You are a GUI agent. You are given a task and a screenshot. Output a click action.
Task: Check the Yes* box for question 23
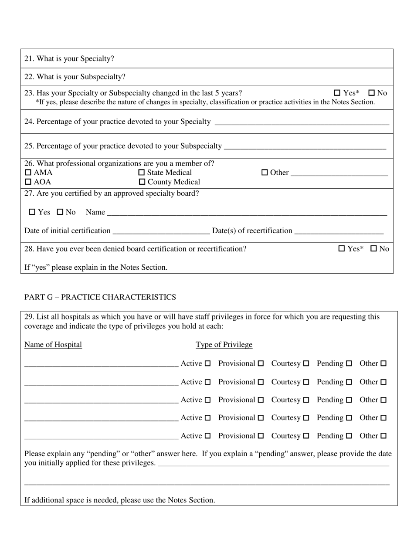(337, 93)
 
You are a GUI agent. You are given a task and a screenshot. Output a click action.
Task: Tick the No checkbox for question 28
(373, 249)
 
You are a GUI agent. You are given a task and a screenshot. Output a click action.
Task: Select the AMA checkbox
(28, 173)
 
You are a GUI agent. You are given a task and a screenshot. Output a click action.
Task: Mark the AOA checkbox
(28, 182)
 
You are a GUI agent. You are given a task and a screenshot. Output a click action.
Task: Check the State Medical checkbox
(142, 173)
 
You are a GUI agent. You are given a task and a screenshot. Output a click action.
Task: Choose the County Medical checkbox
(142, 182)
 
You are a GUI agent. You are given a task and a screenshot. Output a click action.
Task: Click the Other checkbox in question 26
(265, 173)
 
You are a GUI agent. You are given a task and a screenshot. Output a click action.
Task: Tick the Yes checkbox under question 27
(32, 212)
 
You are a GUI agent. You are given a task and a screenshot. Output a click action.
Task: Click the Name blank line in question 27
(247, 213)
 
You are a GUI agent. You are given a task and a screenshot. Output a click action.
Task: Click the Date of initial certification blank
(161, 231)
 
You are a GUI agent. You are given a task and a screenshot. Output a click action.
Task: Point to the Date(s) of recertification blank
(339, 231)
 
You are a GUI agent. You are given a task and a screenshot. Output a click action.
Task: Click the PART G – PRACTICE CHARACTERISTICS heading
(100, 297)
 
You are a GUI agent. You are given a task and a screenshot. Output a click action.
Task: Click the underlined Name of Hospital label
(53, 345)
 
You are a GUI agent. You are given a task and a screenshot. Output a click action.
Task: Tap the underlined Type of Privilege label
(224, 345)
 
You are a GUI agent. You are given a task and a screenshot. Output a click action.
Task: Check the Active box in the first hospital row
(207, 363)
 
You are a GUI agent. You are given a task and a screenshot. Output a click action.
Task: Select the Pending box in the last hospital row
(349, 436)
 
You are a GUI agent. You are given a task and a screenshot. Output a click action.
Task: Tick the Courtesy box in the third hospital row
(306, 400)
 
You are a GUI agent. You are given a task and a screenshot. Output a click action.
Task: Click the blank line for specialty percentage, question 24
(302, 122)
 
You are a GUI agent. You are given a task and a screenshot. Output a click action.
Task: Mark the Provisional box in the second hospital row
(261, 382)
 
